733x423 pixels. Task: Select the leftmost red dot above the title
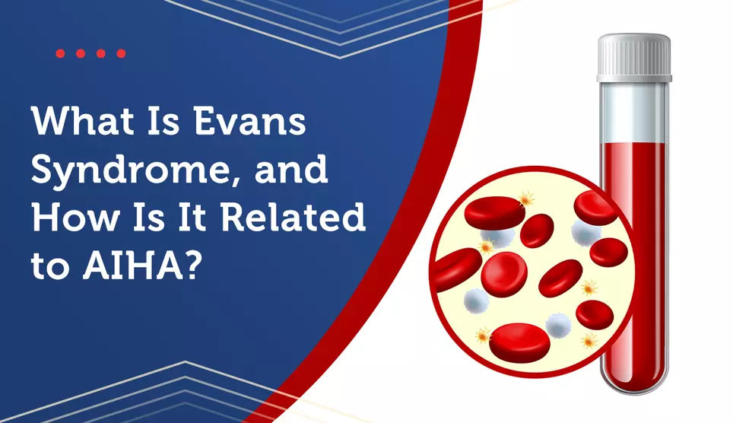click(60, 53)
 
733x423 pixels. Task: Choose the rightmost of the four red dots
click(121, 53)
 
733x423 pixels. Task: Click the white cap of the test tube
click(634, 58)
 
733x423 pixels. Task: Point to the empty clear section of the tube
click(634, 113)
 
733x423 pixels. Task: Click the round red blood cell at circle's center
click(504, 274)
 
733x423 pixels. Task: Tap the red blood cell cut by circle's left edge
click(457, 269)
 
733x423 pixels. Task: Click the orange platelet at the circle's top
click(526, 199)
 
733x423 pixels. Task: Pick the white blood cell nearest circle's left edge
click(476, 301)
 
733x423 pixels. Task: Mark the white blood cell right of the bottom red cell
click(559, 325)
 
